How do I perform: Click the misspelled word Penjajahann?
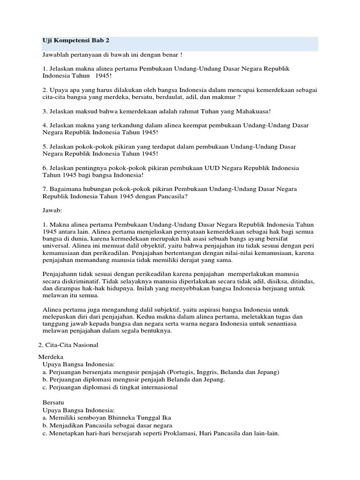pos(62,274)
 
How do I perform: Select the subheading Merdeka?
pos(49,357)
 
